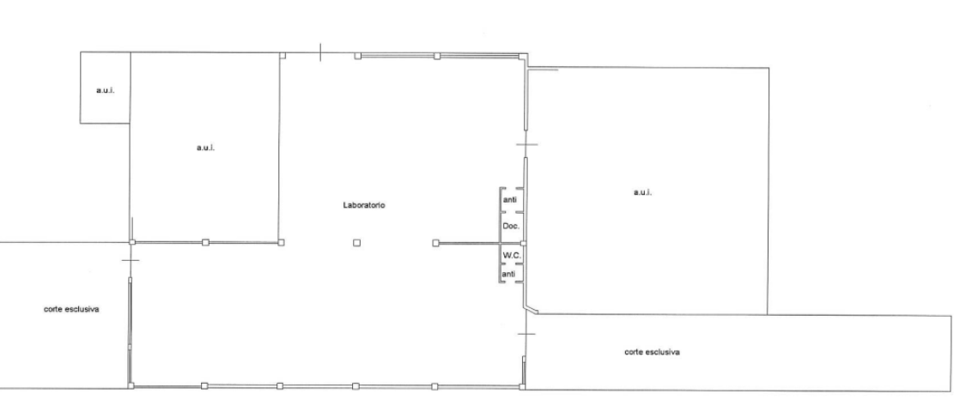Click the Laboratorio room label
pos(364,205)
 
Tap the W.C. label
pos(510,256)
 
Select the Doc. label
pos(510,226)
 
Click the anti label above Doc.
pos(510,200)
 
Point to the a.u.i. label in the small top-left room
pos(105,91)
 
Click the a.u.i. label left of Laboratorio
pos(205,148)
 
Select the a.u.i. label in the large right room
pos(644,192)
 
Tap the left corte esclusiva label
pos(72,308)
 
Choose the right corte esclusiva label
pos(653,352)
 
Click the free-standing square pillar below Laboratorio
pos(356,244)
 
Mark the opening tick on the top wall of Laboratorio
pos(319,53)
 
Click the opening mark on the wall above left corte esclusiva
pos(130,258)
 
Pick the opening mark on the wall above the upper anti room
pos(526,143)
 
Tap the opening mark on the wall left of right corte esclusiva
pos(525,333)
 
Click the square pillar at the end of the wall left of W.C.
pos(436,244)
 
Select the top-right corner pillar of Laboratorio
pos(524,57)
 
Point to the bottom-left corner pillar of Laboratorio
pos(130,385)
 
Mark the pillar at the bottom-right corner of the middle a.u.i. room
pos(282,244)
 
